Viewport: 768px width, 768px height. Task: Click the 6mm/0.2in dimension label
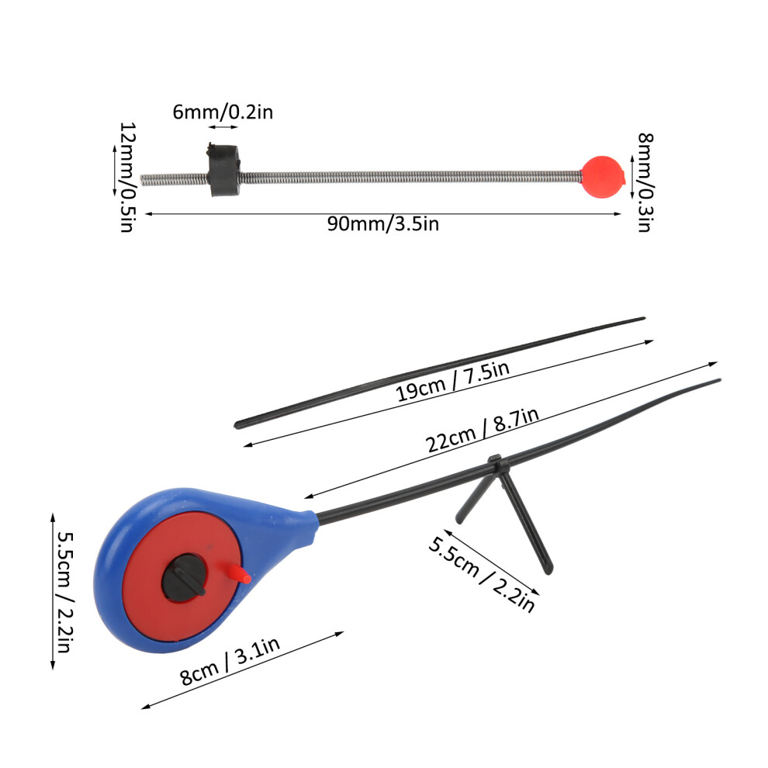(223, 112)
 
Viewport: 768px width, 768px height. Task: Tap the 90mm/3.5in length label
(383, 224)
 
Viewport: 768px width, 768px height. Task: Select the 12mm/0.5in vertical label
(127, 177)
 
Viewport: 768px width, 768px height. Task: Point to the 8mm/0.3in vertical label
(645, 182)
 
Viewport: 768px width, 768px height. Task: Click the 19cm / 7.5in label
(452, 381)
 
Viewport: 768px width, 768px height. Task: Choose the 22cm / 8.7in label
(482, 430)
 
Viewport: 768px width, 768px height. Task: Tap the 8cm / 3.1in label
(230, 661)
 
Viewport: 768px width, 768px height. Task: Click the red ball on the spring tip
(603, 176)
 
